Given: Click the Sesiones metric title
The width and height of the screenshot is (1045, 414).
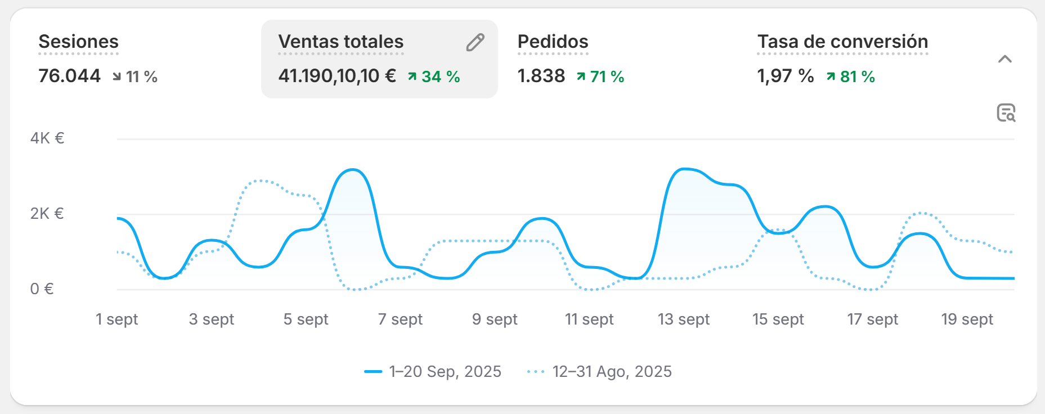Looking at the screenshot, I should [78, 42].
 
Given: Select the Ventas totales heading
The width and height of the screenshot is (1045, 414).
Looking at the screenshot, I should [340, 42].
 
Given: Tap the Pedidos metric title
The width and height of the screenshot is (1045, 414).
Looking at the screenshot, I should [553, 42].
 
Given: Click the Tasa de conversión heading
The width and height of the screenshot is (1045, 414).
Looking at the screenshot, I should [842, 42].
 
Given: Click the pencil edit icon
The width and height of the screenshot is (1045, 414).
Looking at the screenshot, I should [475, 42].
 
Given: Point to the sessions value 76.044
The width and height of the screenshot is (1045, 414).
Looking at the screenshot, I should [69, 76].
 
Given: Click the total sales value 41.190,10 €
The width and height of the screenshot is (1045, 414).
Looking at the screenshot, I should [337, 76].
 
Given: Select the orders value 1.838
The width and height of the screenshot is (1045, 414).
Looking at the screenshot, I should [541, 76].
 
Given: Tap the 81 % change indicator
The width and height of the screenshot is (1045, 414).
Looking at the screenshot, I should [850, 76].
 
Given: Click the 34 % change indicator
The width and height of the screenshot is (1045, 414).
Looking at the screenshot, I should [433, 76].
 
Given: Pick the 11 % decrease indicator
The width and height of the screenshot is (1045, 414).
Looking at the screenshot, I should [135, 76].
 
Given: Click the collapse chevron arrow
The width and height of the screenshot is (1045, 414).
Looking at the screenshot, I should [1004, 59].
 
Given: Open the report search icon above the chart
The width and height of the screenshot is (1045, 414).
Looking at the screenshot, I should [1006, 112].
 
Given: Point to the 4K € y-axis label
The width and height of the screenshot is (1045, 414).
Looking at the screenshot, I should [47, 138].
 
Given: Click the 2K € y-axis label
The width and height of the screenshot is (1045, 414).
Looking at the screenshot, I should [47, 214].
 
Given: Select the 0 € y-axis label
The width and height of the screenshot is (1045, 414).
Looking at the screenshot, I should [42, 289].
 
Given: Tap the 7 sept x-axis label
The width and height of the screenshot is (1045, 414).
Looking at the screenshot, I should [400, 319].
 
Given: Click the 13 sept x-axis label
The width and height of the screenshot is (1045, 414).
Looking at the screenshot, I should [684, 319].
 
